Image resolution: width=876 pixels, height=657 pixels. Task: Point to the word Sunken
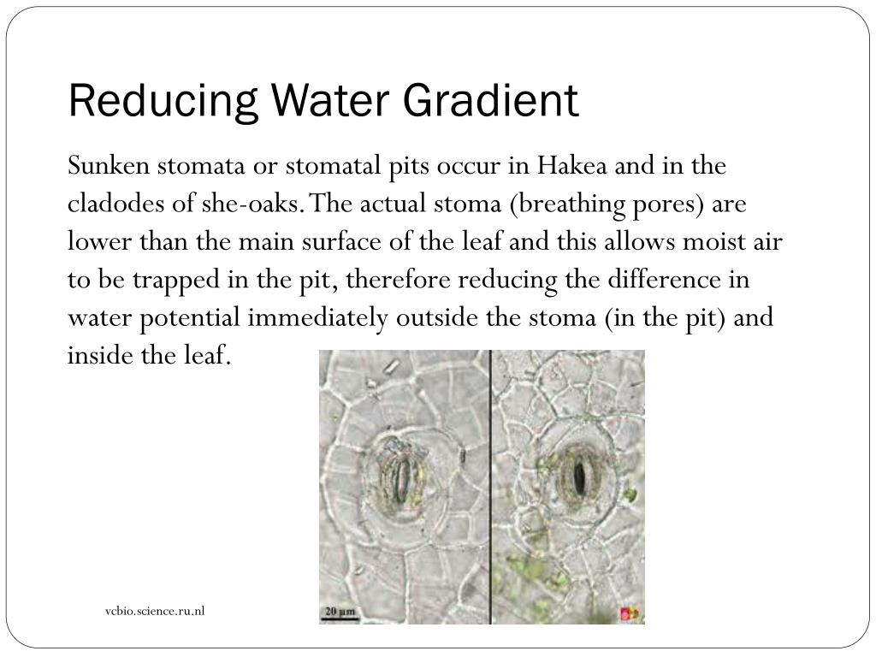click(x=107, y=166)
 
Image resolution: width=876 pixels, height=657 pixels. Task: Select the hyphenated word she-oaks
click(x=258, y=205)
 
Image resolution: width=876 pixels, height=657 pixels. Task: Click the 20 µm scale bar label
click(x=340, y=612)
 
